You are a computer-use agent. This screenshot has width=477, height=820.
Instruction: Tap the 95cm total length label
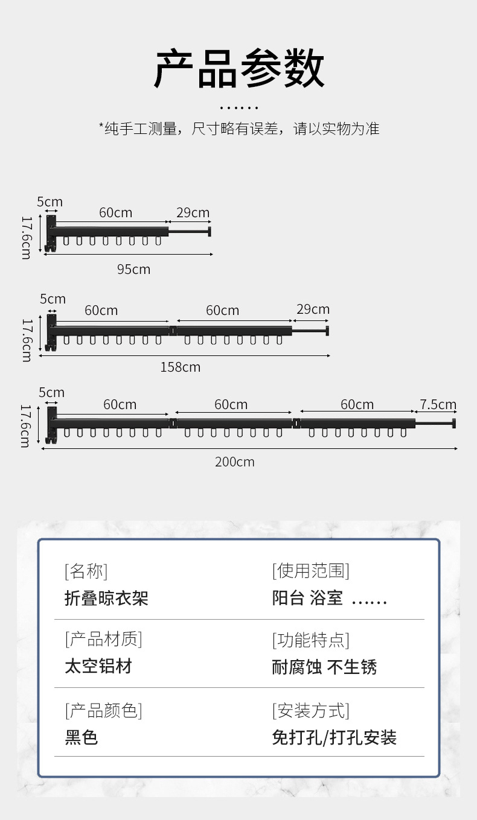pos(133,269)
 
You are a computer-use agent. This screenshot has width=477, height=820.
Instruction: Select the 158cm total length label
pos(180,367)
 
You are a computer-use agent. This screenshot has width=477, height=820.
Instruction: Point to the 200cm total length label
pos(235,462)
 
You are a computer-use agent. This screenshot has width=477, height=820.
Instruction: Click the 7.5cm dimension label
pos(438,404)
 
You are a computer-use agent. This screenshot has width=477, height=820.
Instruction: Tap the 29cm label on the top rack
pos(193,212)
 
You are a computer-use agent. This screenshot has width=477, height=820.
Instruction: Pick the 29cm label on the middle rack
pos(313,310)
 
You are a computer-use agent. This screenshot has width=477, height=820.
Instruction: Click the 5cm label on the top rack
pos(50,202)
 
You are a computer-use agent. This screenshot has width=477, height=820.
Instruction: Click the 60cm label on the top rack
pos(115,212)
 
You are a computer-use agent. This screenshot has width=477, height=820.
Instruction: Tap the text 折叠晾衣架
pos(106,599)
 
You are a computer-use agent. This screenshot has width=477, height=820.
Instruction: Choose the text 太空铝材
pos(98,667)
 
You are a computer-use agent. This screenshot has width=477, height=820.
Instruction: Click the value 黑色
pos(81,737)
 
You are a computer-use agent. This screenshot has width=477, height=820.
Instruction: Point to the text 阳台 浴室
pos(307,599)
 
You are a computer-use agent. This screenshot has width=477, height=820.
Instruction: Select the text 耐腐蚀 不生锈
pos(324,667)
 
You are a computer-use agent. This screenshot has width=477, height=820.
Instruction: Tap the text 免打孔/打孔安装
pos(334,737)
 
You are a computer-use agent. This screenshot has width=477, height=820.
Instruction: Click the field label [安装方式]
pos(310,711)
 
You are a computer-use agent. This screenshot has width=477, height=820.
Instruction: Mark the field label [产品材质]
pos(103,639)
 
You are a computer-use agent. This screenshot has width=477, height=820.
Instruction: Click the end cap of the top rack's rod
pos(210,232)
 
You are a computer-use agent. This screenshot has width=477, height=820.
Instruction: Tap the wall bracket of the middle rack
pos(51,331)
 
